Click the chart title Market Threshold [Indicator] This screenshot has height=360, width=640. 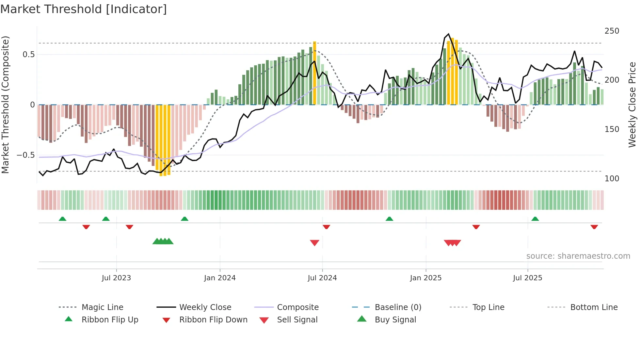click(x=84, y=9)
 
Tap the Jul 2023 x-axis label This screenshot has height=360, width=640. click(x=116, y=278)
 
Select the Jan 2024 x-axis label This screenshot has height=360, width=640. click(x=220, y=278)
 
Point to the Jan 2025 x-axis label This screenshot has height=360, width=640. click(x=426, y=278)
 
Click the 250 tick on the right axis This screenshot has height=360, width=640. click(x=612, y=31)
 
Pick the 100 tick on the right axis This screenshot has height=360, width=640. click(x=612, y=179)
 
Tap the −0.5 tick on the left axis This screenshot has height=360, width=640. click(x=26, y=155)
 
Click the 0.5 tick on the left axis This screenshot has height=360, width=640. click(x=28, y=55)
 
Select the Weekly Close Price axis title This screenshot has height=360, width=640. click(x=632, y=105)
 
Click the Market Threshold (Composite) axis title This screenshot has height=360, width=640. click(x=5, y=105)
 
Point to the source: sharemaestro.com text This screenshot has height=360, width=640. click(x=578, y=256)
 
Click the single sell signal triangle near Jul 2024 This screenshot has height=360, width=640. click(x=314, y=243)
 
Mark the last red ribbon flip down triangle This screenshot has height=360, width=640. click(x=594, y=227)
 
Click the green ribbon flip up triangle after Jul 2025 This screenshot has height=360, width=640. click(x=535, y=219)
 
